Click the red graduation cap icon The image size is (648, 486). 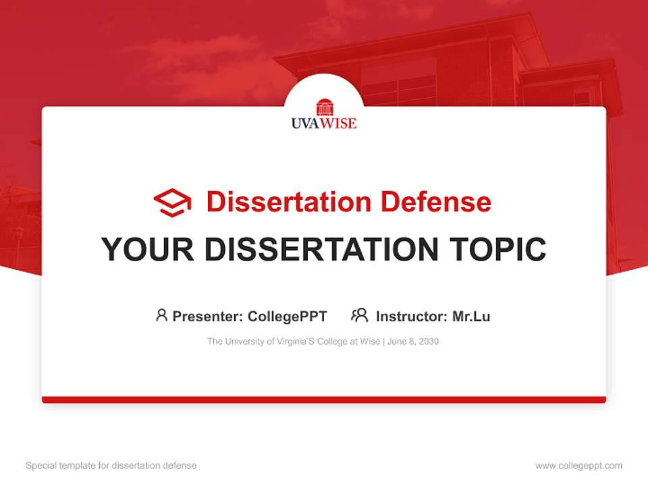tap(172, 202)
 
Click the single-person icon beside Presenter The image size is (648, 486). tap(161, 315)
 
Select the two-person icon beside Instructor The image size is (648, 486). tap(359, 315)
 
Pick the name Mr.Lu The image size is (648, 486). tap(471, 316)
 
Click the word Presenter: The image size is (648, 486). tap(208, 316)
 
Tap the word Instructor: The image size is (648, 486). tap(411, 316)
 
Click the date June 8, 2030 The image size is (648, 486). tap(413, 342)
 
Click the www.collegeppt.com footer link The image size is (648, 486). tap(578, 466)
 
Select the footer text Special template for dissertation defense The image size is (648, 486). tap(111, 466)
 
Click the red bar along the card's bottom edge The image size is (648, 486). tap(324, 400)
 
